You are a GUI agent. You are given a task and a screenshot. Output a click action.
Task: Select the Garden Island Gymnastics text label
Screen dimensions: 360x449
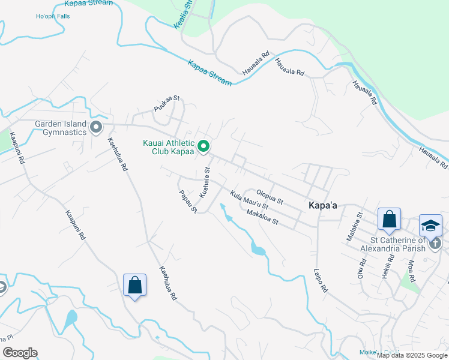[60, 128]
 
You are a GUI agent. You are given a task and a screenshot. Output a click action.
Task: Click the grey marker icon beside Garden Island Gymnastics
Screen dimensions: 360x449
[95, 127]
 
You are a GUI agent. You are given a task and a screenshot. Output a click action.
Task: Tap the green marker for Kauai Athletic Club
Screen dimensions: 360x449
[203, 146]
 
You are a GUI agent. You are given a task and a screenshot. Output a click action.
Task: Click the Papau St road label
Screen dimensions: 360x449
[188, 201]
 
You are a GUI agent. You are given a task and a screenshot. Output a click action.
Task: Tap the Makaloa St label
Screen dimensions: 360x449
[263, 217]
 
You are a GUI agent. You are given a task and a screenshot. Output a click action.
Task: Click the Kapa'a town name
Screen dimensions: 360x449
[322, 205]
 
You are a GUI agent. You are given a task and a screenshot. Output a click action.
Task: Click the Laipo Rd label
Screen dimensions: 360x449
[320, 280]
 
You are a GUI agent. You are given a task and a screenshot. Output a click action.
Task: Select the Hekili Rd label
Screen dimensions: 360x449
[389, 264]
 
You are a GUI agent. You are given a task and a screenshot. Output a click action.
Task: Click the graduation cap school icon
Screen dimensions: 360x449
[430, 226]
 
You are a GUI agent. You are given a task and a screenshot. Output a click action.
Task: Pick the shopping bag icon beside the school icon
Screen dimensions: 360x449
[389, 220]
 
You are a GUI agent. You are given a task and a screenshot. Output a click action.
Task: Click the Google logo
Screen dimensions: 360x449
[20, 353]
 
